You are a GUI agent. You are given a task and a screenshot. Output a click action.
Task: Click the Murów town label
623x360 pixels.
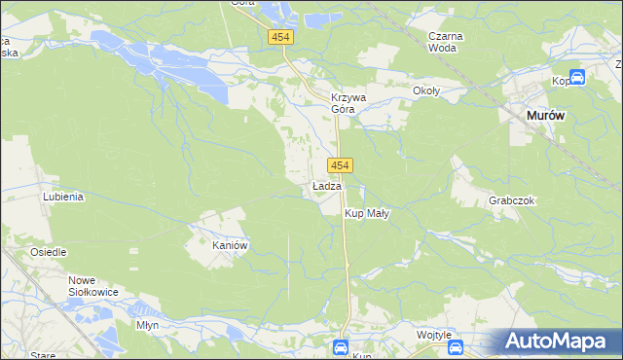click(545, 115)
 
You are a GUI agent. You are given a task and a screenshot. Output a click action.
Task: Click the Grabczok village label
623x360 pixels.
click(512, 200)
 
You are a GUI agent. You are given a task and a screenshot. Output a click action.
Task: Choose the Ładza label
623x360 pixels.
click(326, 186)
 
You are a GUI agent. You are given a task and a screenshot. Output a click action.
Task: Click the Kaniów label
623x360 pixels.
click(232, 246)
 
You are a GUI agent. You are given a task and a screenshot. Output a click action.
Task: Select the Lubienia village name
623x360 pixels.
click(63, 196)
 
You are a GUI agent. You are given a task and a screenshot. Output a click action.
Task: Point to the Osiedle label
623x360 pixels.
click(48, 252)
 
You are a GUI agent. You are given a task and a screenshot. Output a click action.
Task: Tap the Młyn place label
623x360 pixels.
click(148, 325)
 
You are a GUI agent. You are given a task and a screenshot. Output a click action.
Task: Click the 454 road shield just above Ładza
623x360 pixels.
click(339, 165)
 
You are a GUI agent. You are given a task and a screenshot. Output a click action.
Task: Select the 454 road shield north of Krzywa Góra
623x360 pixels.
click(280, 36)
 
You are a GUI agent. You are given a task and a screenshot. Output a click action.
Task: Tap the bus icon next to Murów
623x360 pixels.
click(576, 78)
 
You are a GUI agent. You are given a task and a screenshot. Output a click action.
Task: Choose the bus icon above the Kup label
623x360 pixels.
click(340, 346)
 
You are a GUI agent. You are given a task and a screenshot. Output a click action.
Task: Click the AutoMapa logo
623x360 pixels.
click(561, 342)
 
